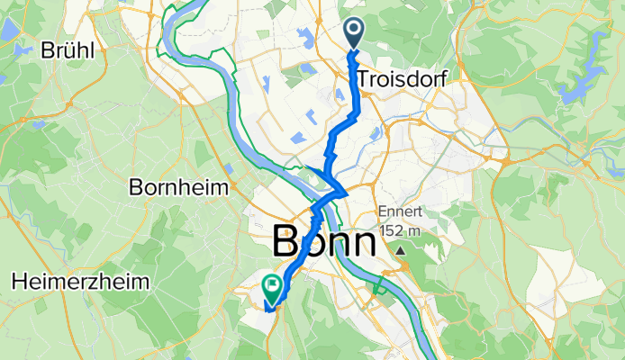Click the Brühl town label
[68, 50]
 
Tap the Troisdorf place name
[403, 79]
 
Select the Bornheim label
[180, 188]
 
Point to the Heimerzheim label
[80, 282]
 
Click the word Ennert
[397, 211]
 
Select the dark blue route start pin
[353, 33]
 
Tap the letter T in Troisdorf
[362, 79]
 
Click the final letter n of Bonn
[362, 243]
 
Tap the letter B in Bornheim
[136, 188]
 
